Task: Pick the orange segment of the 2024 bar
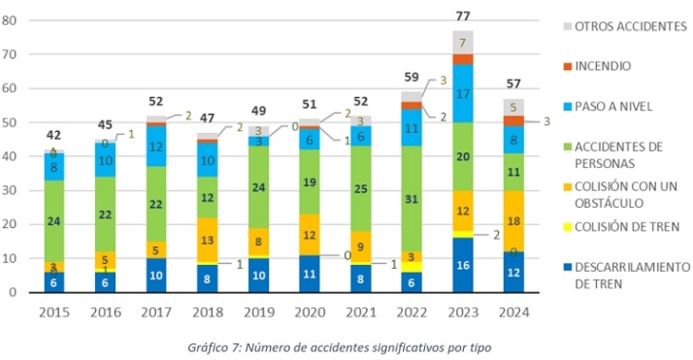(x=514, y=220)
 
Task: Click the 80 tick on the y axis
(x=13, y=20)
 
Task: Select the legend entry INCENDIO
(x=603, y=68)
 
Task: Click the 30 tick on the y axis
(x=13, y=191)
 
